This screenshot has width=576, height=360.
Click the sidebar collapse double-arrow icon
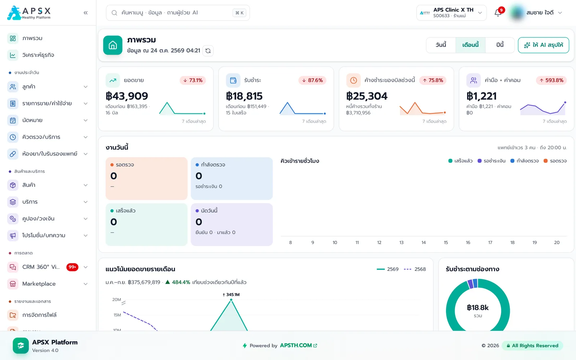point(86,13)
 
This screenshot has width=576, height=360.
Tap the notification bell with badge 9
point(498,13)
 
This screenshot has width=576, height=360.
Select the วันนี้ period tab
point(441,45)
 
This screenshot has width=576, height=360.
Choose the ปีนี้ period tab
point(500,45)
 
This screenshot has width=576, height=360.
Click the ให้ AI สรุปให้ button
point(543,45)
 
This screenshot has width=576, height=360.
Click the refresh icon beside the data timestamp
point(208,51)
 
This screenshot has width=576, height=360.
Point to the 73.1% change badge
point(193,80)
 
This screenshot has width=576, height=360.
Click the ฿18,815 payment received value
point(244,96)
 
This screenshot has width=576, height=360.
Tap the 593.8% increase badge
point(551,80)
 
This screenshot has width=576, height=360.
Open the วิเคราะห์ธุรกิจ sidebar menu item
point(38,55)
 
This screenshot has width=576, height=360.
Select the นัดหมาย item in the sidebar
point(32,120)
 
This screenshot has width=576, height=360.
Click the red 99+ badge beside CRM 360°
point(72,267)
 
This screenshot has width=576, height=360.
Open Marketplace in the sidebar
point(39,284)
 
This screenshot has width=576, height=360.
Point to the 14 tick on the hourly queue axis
point(423,243)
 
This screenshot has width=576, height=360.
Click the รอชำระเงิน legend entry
point(491,161)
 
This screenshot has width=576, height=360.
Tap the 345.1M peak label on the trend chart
point(231,295)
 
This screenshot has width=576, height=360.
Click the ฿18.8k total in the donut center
point(478,307)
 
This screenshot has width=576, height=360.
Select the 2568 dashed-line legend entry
point(415,269)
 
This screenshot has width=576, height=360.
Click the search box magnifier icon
point(114,13)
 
